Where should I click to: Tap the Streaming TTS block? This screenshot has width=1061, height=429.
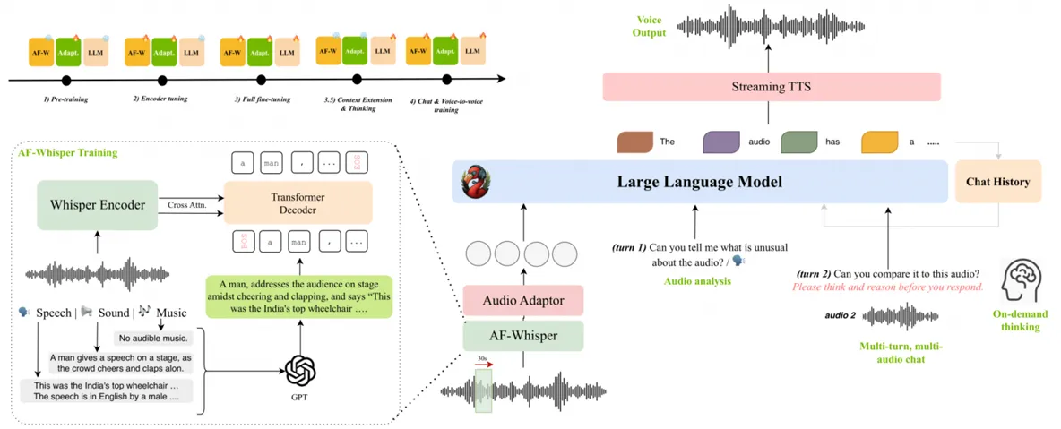[x=772, y=87]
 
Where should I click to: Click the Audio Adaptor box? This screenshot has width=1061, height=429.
[x=523, y=300]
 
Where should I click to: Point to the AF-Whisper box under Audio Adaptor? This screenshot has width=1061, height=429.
[x=523, y=336]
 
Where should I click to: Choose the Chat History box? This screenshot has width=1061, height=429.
[x=997, y=182]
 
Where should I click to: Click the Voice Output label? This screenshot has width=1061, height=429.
[x=650, y=26]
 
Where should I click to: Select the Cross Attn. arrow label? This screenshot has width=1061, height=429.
[x=188, y=205]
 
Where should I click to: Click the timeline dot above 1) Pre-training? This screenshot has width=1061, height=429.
[x=66, y=81]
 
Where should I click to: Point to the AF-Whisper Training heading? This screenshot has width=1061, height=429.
[x=68, y=153]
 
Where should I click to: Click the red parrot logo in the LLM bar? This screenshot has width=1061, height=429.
[x=472, y=182]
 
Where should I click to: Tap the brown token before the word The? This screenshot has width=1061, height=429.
[x=635, y=142]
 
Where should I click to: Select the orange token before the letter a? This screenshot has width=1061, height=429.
[x=879, y=142]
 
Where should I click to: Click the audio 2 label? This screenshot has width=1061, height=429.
[x=840, y=316]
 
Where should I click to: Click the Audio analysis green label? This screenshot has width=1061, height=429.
[x=697, y=281]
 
